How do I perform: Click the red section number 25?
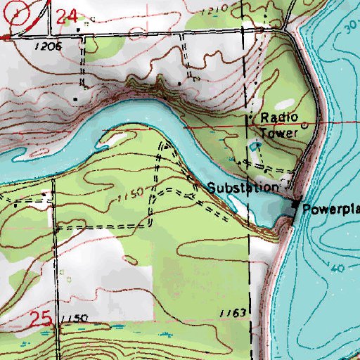(41, 320)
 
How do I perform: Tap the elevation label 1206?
(46, 45)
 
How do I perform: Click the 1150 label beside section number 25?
(75, 319)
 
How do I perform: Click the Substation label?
(242, 188)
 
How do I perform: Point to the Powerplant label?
(330, 209)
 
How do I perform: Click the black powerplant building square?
(295, 204)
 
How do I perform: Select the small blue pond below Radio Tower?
(254, 146)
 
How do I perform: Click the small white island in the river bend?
(115, 138)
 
